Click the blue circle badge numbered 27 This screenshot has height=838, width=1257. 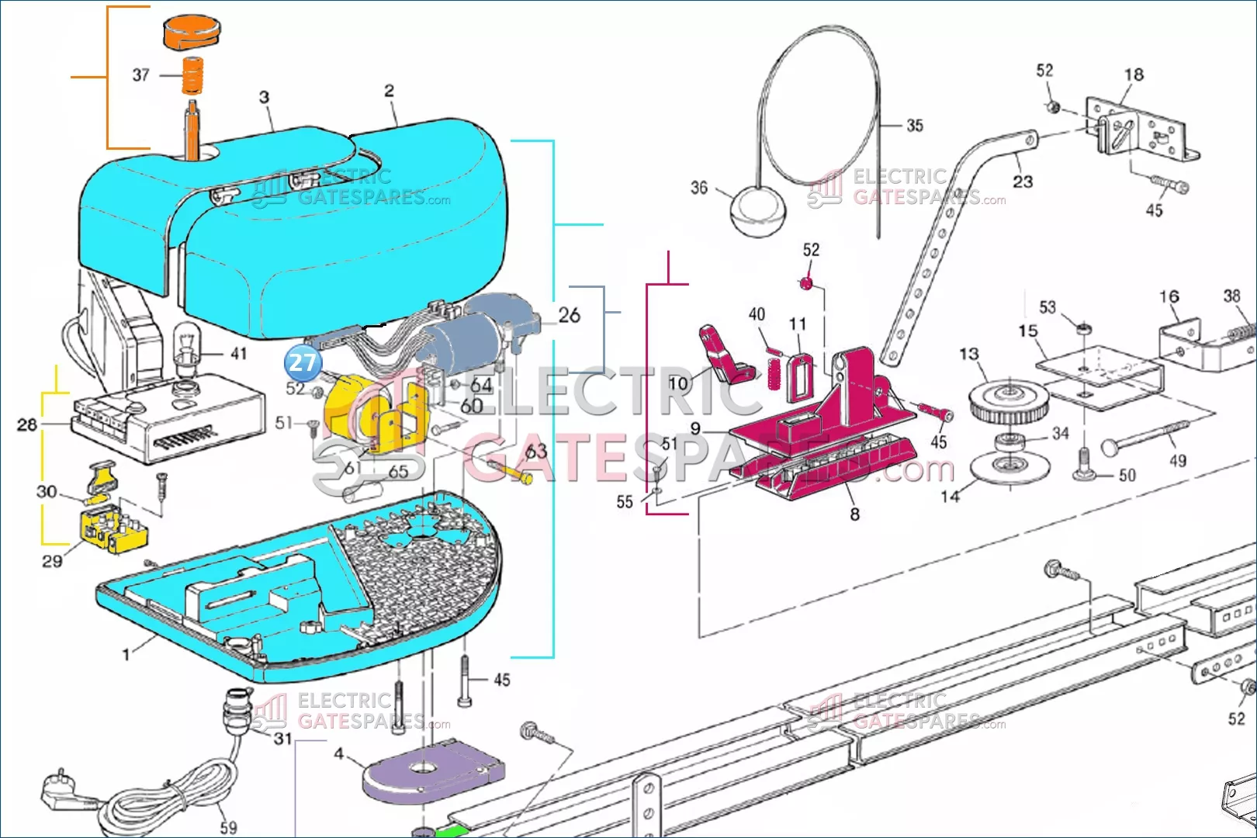pyautogui.click(x=303, y=362)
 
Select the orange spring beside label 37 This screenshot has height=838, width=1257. pyautogui.click(x=192, y=75)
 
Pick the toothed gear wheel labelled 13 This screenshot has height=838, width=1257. pyautogui.click(x=1009, y=400)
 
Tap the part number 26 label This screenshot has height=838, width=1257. pyautogui.click(x=569, y=315)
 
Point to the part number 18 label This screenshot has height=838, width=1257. pyautogui.click(x=1134, y=74)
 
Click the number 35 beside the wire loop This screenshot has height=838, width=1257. pyautogui.click(x=915, y=126)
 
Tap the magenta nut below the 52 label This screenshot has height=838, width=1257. pyautogui.click(x=807, y=283)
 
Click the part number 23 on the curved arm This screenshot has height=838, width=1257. pyautogui.click(x=1023, y=182)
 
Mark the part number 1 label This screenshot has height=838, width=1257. pyautogui.click(x=126, y=654)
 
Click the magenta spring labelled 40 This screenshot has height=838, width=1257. pyautogui.click(x=772, y=369)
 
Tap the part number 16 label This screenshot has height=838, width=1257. pyautogui.click(x=1169, y=296)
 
